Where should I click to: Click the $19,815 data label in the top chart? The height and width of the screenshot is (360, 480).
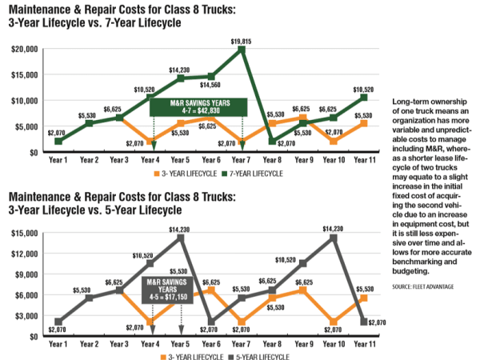pos(241,40)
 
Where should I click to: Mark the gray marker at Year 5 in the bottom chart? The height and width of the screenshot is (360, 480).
pos(182,238)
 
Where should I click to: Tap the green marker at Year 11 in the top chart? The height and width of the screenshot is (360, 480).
pos(364,98)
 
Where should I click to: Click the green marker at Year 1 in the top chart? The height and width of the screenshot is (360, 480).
pos(58,141)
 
